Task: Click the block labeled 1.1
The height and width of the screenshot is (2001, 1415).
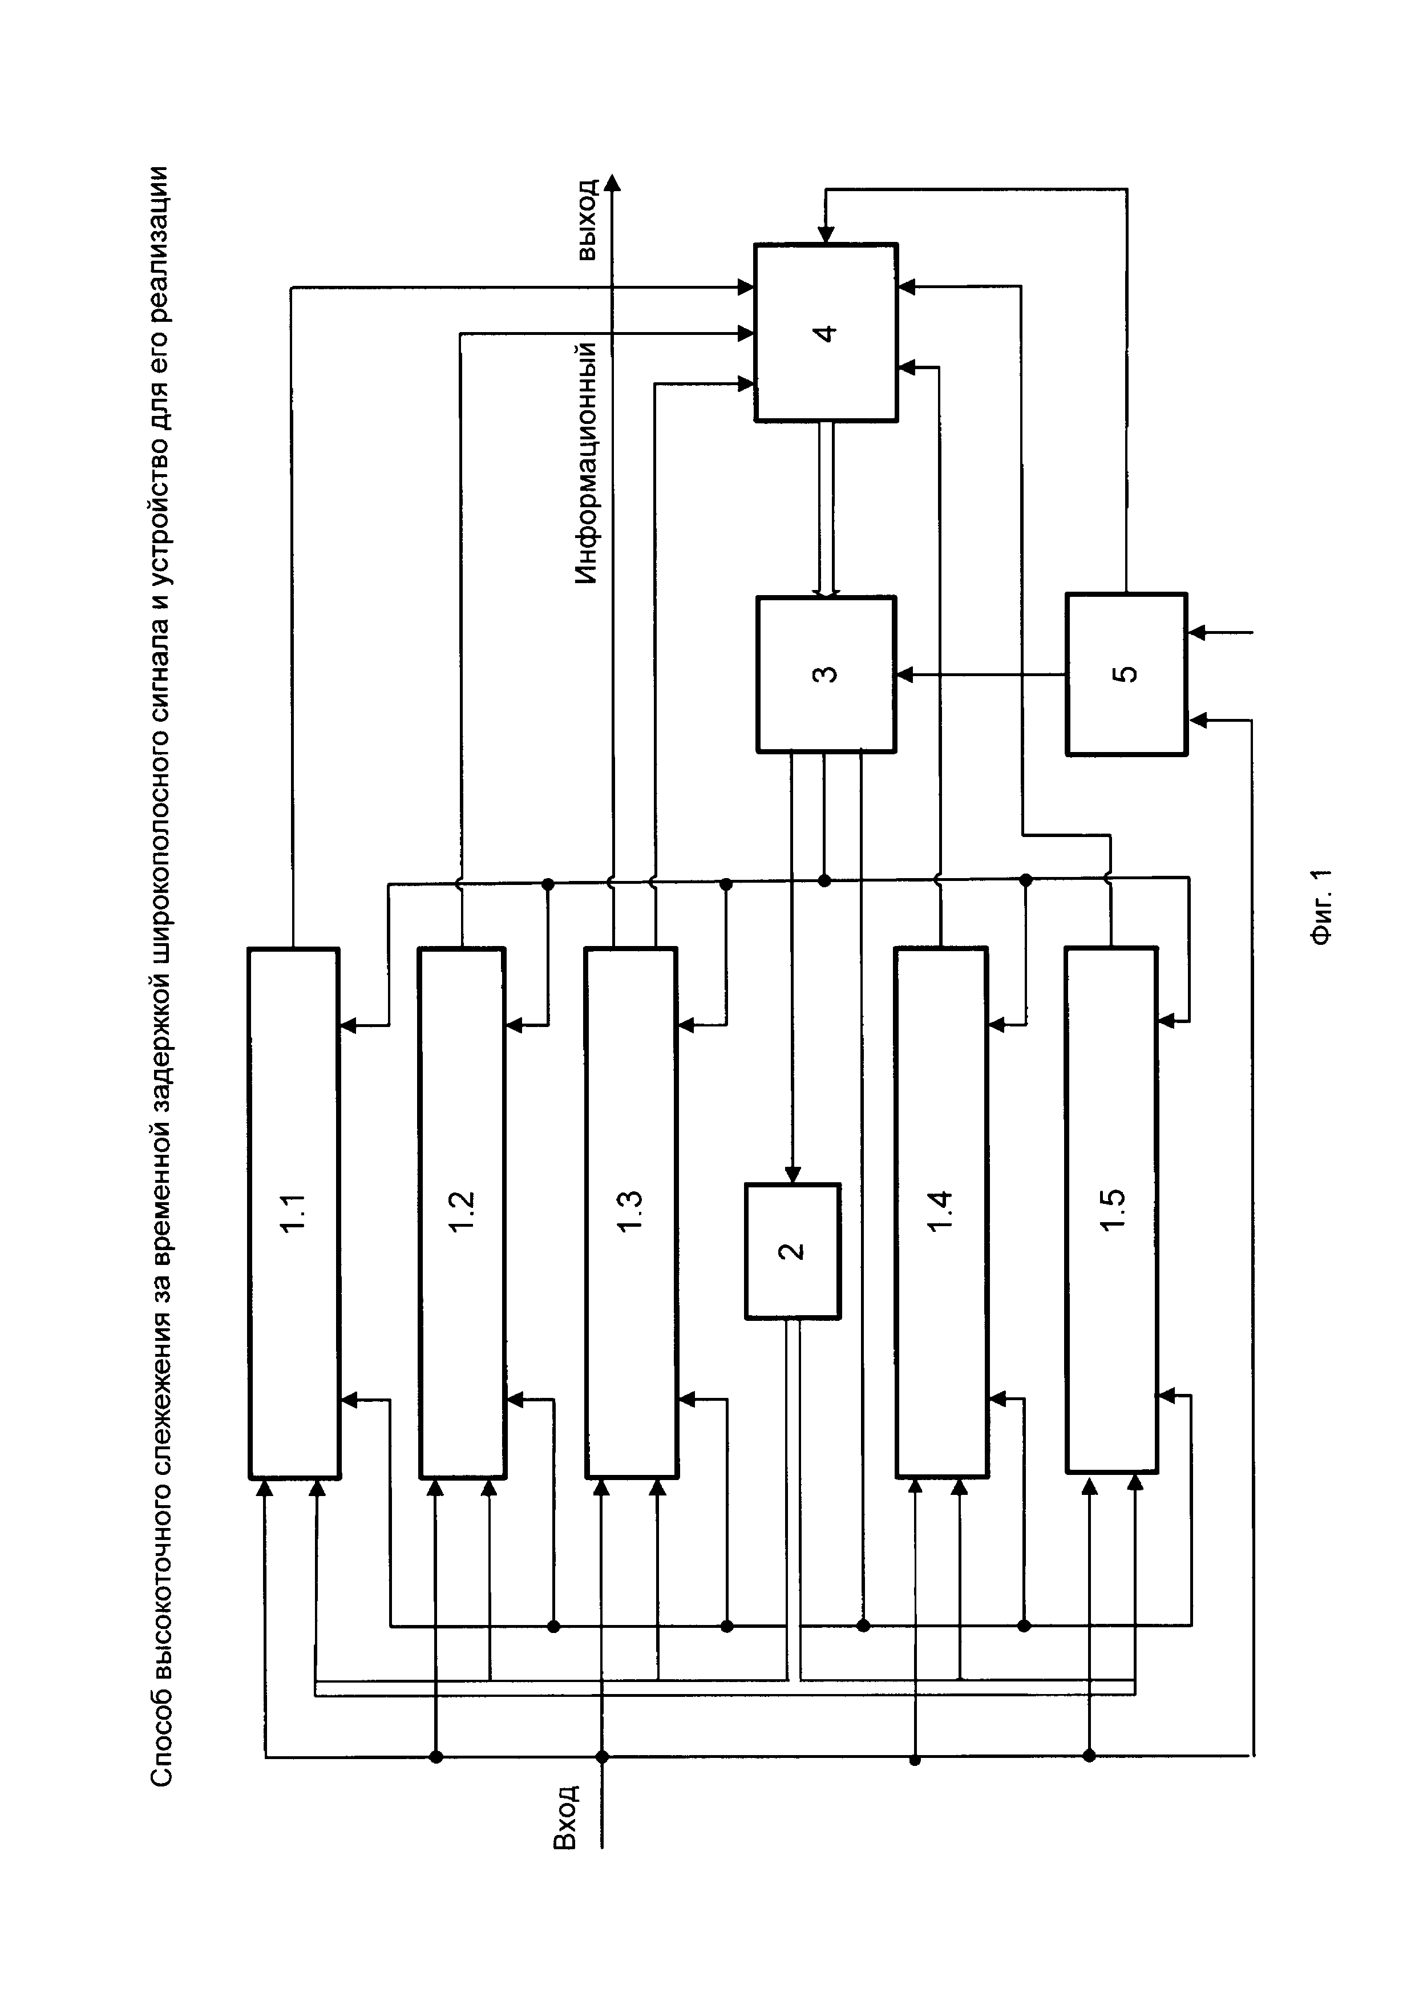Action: [x=294, y=1211]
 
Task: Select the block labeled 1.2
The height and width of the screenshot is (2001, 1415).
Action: [x=462, y=1211]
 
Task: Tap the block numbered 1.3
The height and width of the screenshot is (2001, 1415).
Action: [x=630, y=1211]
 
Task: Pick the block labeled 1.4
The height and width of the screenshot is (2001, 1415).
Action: [x=941, y=1211]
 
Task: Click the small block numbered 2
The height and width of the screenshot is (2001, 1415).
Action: [x=792, y=1251]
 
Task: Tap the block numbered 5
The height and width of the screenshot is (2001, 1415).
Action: [x=1126, y=674]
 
